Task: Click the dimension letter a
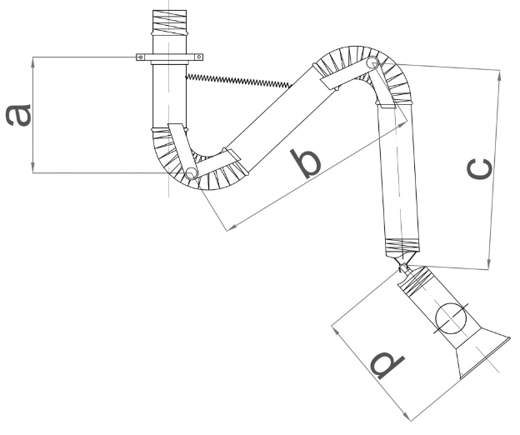(x=18, y=115)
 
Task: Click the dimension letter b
(x=306, y=164)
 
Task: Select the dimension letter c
(x=479, y=169)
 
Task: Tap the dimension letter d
(x=387, y=364)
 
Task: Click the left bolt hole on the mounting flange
(x=141, y=57)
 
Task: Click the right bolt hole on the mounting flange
(x=199, y=57)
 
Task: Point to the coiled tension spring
(x=238, y=81)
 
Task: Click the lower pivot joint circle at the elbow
(x=191, y=173)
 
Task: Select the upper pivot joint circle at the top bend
(x=372, y=62)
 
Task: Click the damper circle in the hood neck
(x=451, y=318)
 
